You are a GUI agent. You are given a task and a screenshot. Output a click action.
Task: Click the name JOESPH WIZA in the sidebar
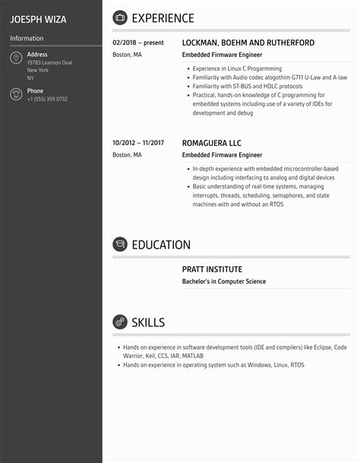(x=38, y=18)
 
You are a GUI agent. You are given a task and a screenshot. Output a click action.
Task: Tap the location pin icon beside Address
(x=16, y=59)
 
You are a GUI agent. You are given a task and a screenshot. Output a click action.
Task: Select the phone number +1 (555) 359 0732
(x=47, y=99)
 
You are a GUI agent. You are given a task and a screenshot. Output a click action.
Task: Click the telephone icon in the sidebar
(x=16, y=94)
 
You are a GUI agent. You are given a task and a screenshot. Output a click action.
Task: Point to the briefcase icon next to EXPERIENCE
(x=119, y=17)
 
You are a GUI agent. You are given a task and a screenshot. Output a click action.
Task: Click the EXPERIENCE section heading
(x=163, y=18)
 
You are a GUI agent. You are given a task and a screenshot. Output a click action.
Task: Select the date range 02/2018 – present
(x=138, y=43)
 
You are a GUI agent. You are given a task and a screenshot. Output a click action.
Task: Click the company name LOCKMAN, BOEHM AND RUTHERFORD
(x=248, y=43)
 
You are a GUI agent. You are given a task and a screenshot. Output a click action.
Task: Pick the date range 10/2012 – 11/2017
(x=138, y=143)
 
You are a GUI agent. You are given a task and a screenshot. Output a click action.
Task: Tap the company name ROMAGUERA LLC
(x=211, y=143)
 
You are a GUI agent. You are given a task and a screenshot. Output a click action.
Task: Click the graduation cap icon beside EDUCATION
(x=119, y=245)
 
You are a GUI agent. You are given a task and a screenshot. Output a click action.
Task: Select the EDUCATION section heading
(x=161, y=245)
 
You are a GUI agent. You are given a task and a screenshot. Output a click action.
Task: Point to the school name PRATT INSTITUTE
(x=212, y=269)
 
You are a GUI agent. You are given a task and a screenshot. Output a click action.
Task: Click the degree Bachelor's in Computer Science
(x=223, y=281)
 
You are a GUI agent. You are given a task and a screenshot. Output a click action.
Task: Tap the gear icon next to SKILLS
(x=119, y=322)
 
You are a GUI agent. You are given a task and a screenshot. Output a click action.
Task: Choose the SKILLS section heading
(x=148, y=322)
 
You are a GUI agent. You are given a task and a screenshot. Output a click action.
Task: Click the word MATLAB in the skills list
(x=193, y=356)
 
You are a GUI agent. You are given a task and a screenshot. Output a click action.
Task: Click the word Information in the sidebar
(x=27, y=38)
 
